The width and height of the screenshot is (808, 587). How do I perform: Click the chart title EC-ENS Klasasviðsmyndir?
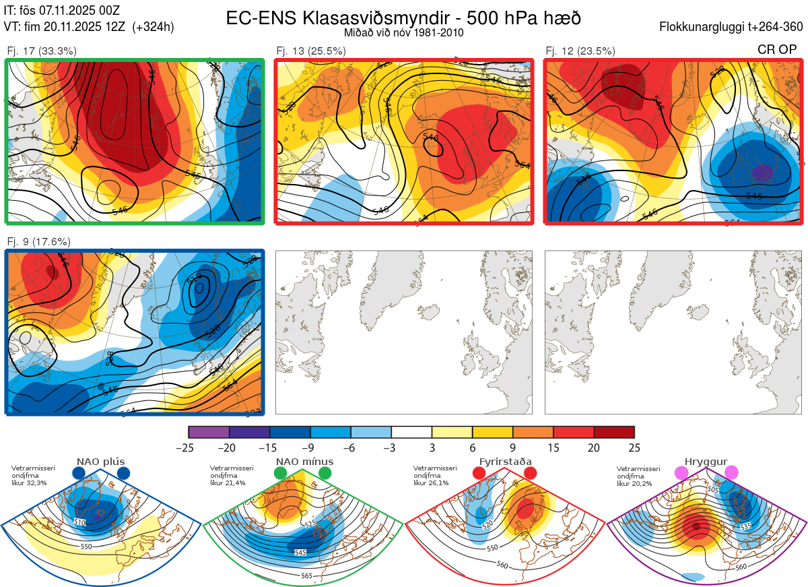click(404, 18)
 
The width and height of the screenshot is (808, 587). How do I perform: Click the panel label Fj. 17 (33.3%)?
click(42, 51)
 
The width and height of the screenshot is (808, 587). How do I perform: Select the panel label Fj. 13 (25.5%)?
click(311, 51)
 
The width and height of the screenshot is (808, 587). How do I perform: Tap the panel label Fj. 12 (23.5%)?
click(580, 51)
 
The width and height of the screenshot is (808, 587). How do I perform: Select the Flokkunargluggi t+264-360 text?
click(733, 27)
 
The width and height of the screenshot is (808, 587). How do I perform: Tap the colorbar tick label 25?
click(634, 447)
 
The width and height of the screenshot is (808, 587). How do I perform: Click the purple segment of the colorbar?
click(209, 432)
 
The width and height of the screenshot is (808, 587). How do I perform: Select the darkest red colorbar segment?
click(614, 432)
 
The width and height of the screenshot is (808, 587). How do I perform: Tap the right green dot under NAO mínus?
click(325, 473)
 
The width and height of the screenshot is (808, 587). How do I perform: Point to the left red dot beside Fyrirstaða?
click(479, 473)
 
